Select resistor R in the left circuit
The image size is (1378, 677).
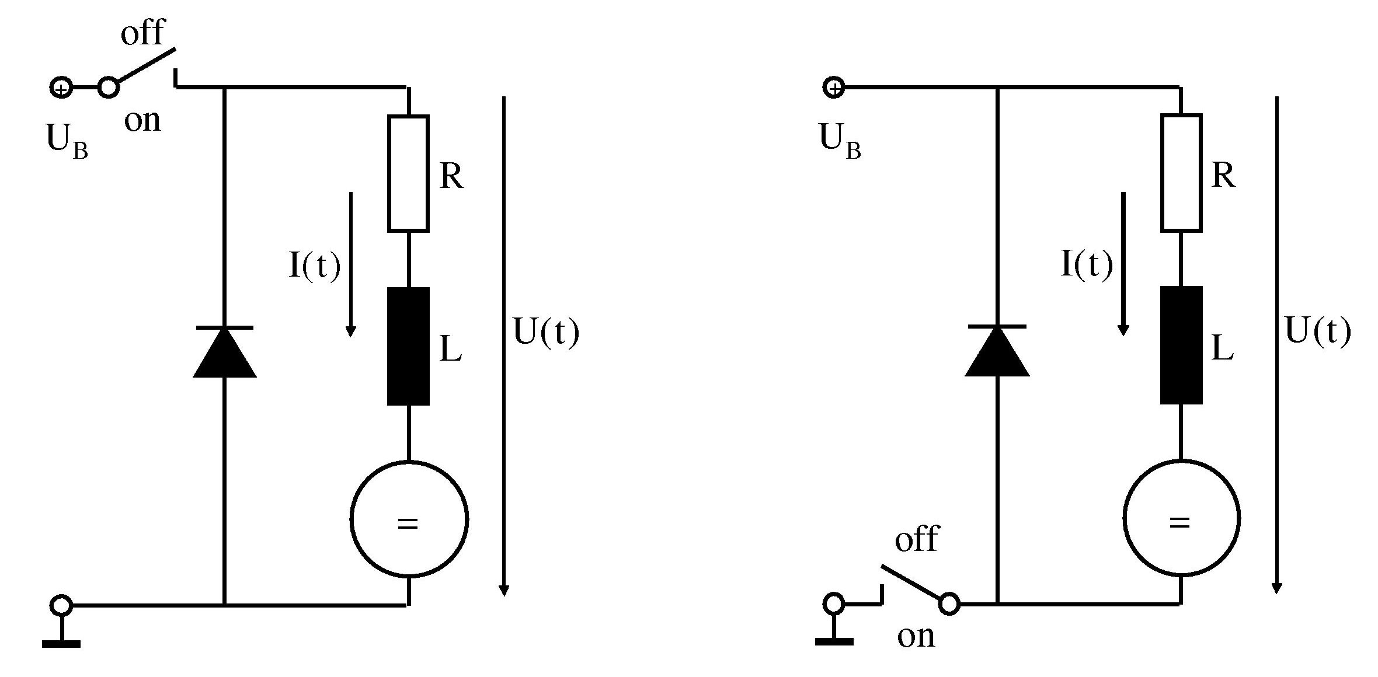(408, 173)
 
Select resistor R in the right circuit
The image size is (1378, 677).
(1181, 173)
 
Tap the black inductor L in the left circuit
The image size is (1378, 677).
(408, 346)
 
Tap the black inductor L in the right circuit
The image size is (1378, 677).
(1181, 345)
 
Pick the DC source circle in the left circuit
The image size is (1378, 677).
(409, 519)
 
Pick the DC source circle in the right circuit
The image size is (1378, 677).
(1181, 518)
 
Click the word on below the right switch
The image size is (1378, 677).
(916, 636)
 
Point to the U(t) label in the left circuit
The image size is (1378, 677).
(546, 332)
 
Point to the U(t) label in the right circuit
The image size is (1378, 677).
(1318, 331)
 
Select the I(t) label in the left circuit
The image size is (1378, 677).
(315, 266)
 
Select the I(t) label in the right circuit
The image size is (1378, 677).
(1087, 264)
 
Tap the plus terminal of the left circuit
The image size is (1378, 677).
(60, 88)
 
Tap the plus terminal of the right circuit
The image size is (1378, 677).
(834, 88)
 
